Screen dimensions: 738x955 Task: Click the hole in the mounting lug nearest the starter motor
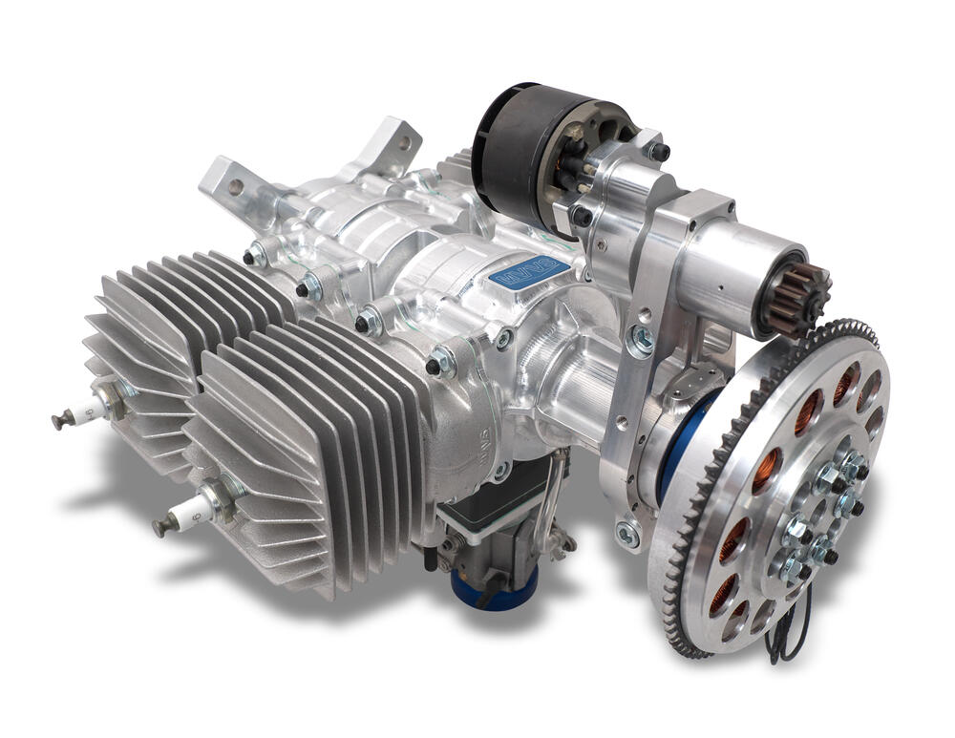coord(405,142)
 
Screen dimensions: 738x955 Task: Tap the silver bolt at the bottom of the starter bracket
coord(627,534)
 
